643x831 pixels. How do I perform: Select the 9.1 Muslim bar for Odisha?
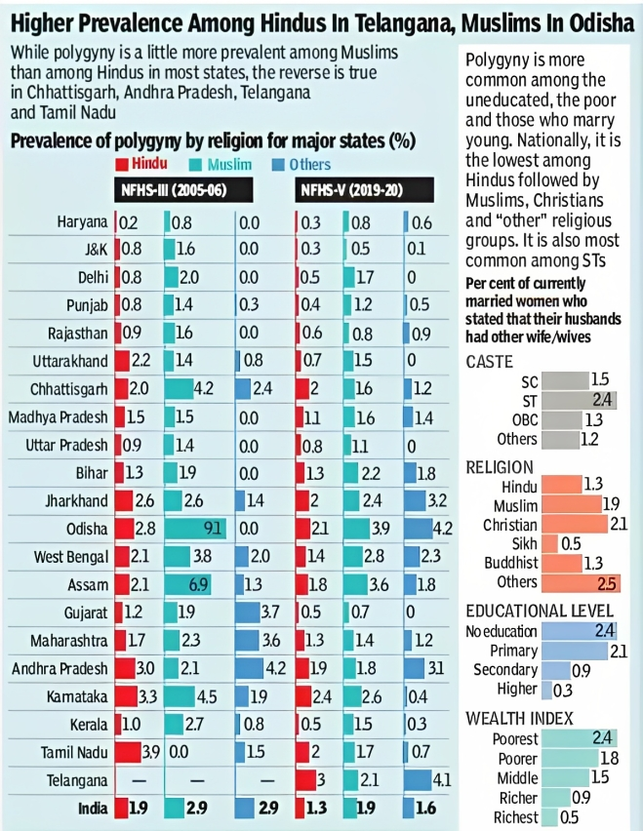point(195,528)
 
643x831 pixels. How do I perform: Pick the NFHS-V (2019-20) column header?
point(350,190)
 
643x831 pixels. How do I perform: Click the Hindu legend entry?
point(141,165)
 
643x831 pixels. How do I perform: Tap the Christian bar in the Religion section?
point(578,525)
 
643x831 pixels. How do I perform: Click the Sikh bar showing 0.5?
point(550,543)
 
